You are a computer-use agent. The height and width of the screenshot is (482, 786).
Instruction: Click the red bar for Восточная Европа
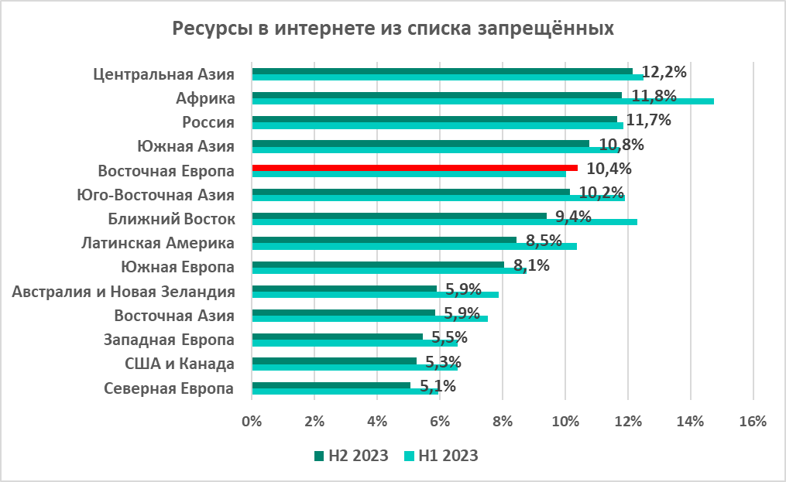click(414, 167)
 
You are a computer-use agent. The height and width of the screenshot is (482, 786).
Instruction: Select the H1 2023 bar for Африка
click(482, 101)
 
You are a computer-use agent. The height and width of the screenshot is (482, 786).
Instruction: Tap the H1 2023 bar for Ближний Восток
click(444, 222)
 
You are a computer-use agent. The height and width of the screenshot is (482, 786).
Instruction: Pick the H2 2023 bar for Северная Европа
click(331, 385)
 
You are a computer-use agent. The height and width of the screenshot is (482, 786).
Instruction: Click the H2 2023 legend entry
click(352, 455)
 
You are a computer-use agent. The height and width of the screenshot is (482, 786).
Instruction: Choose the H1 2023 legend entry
click(441, 455)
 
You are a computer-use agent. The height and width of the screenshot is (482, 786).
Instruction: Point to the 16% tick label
click(753, 422)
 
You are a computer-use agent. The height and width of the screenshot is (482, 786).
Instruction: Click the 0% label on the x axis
click(252, 422)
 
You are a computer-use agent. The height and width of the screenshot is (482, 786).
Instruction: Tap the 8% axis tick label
click(503, 422)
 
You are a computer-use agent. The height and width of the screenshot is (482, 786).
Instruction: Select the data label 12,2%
click(665, 72)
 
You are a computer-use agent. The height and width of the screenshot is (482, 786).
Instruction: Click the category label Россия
click(208, 121)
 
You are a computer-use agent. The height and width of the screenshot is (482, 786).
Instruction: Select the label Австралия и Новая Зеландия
click(125, 292)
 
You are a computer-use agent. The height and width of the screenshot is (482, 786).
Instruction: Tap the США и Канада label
click(180, 364)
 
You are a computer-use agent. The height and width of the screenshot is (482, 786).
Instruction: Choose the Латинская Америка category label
click(158, 243)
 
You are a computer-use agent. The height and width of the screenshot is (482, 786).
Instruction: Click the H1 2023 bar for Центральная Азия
click(448, 77)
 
